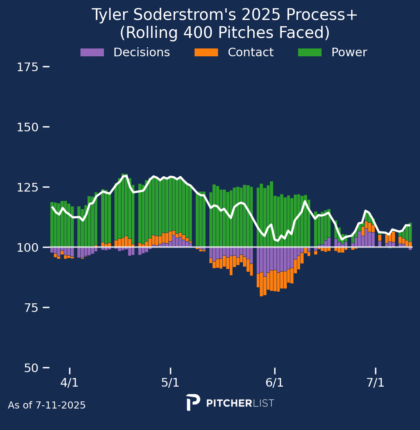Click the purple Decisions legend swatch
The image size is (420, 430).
point(92,52)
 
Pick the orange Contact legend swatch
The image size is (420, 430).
point(206,52)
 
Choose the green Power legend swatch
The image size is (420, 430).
point(310,52)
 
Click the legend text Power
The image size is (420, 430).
point(349,52)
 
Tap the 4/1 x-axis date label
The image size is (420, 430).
point(70,383)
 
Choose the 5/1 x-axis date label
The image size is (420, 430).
point(170,383)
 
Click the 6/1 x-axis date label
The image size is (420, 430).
point(275,383)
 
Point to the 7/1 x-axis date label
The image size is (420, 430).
point(375,383)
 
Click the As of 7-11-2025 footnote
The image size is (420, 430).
point(47,405)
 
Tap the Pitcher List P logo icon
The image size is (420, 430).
point(193,402)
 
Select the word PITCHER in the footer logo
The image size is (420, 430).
point(229,403)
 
